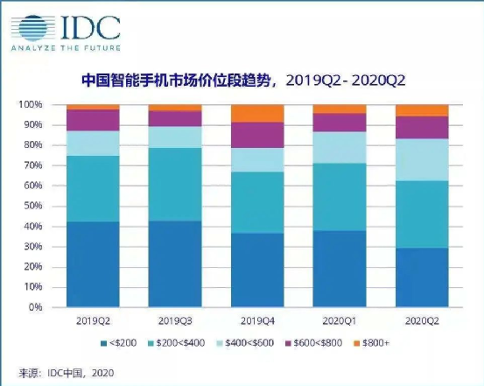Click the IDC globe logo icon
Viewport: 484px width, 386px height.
33,28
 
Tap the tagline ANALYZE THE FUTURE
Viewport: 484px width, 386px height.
66,48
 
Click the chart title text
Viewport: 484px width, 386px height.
243,81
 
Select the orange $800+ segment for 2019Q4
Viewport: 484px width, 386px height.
257,113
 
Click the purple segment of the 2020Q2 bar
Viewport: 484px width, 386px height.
422,128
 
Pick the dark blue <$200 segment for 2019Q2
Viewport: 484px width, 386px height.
93,264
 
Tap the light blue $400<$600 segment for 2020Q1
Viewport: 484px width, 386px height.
340,148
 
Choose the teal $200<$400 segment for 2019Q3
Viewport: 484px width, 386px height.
175,185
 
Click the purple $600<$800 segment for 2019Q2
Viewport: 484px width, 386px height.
93,120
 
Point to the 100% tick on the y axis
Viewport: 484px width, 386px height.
31,105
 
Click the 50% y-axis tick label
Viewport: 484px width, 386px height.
33,206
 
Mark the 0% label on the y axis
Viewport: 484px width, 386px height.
36,307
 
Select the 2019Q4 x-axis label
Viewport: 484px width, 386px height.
257,321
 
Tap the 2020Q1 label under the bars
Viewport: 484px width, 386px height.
340,321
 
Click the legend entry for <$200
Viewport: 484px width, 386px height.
119,343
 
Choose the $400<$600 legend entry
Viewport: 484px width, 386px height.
246,343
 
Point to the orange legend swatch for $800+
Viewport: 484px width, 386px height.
357,343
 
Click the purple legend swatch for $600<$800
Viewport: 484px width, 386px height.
289,343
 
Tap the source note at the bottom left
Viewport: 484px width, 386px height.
66,373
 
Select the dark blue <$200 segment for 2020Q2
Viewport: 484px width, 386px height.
422,277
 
